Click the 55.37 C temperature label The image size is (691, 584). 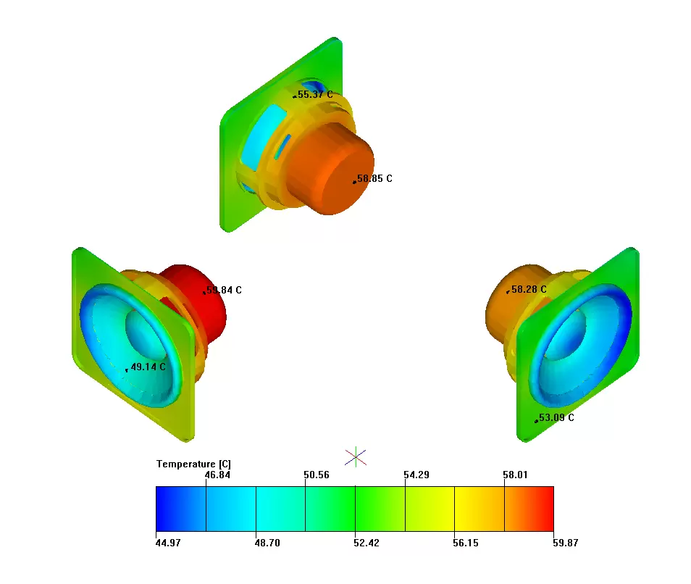coord(315,95)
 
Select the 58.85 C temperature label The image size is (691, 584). coord(374,178)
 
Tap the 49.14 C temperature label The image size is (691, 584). coord(148,367)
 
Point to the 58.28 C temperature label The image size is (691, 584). coord(529,289)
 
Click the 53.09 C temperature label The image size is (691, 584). coord(556,417)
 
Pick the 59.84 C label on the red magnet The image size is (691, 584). coord(224,290)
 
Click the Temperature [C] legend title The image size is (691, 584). coord(193,464)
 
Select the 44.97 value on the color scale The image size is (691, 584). coord(169,543)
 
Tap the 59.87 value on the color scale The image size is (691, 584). coord(565,543)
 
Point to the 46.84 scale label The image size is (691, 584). coord(218,475)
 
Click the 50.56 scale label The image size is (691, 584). coord(317,475)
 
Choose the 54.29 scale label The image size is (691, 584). coord(416,475)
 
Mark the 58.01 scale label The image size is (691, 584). coord(515,475)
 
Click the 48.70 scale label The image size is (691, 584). coord(268,543)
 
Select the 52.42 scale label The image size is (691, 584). coord(367,543)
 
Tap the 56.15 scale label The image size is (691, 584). coord(466,543)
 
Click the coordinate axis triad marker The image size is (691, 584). coord(356,456)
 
